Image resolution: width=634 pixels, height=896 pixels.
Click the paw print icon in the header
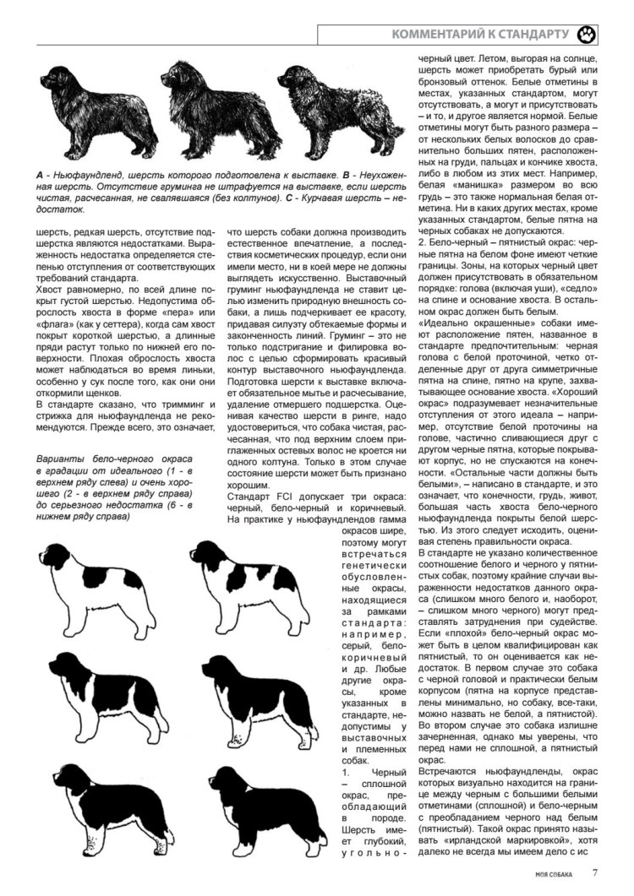point(587,35)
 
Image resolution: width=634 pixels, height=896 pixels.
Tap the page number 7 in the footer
point(595,873)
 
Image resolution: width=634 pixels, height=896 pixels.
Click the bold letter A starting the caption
point(40,175)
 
